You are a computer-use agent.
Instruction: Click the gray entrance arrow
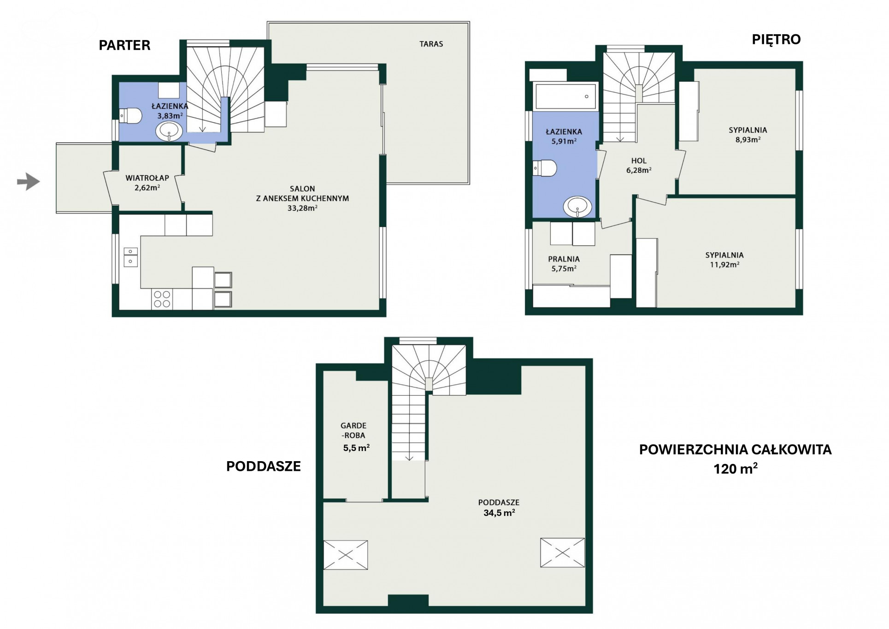(29, 182)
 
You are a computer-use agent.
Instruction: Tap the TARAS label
(431, 44)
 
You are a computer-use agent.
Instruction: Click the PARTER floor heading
(124, 45)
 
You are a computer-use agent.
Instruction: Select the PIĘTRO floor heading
(776, 39)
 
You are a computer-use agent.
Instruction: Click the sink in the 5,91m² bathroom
(578, 207)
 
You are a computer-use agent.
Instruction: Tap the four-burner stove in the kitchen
(162, 299)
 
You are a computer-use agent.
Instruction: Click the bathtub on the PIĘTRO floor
(565, 96)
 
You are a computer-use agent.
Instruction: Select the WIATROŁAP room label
(147, 178)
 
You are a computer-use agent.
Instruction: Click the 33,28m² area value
(302, 208)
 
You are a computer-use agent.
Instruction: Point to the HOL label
(639, 160)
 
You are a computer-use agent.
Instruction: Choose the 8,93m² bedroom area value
(748, 139)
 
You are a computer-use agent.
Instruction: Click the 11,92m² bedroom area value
(724, 264)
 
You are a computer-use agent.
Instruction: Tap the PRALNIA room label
(564, 259)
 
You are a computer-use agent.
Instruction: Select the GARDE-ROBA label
(353, 430)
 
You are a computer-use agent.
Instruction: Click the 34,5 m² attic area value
(499, 512)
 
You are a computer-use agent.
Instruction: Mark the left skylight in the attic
(346, 555)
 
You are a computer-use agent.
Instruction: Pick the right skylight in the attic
(562, 552)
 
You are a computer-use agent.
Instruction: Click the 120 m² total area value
(736, 469)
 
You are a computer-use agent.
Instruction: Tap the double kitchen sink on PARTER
(130, 257)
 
